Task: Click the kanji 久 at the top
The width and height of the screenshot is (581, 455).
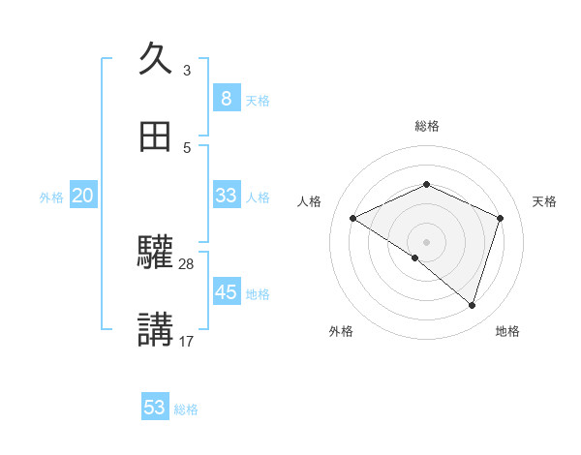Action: click(156, 59)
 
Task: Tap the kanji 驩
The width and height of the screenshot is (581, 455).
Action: click(156, 253)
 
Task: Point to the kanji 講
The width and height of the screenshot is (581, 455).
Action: click(156, 330)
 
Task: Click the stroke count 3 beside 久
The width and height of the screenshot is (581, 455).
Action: click(187, 71)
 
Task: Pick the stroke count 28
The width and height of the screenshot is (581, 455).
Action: click(187, 263)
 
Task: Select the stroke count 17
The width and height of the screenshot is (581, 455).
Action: click(187, 341)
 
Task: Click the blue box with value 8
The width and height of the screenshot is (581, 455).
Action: click(226, 98)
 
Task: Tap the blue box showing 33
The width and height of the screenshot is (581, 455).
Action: click(226, 196)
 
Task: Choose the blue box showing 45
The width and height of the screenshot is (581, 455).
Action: click(226, 291)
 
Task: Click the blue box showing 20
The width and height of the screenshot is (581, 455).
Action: click(82, 196)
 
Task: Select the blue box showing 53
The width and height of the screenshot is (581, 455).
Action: click(155, 408)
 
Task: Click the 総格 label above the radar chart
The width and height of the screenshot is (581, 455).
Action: click(427, 126)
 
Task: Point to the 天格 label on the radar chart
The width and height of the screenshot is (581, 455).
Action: click(545, 201)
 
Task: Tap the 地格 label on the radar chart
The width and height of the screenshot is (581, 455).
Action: click(507, 331)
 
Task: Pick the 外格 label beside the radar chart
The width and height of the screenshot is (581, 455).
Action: click(341, 331)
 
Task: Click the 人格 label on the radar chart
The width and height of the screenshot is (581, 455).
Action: click(310, 201)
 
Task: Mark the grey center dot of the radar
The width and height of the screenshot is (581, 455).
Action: click(427, 241)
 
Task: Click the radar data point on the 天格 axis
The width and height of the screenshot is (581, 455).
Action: click(501, 218)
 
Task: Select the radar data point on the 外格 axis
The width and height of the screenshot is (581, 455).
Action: click(415, 258)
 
